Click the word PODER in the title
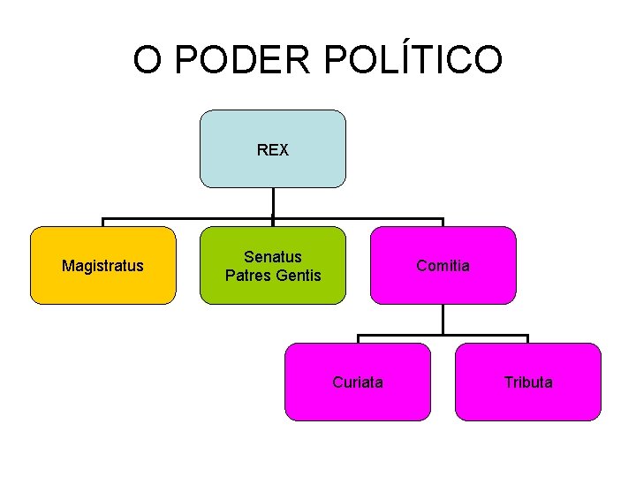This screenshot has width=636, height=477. pos(243,60)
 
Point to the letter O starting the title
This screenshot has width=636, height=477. pos(147,60)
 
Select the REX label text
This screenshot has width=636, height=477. pos(272,150)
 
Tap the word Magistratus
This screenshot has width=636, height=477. pos(102,265)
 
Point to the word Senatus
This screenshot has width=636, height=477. pos(272,257)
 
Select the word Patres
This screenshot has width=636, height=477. pos(247,275)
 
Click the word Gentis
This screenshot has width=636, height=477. pos(298,275)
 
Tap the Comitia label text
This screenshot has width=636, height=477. pos(443,265)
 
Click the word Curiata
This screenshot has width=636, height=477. pos(358,382)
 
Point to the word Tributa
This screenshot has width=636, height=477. pos(528,382)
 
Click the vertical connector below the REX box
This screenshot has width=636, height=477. pos(273,203)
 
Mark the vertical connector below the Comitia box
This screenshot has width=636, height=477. pos(443,320)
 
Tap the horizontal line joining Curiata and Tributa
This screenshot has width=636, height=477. pos(443,337)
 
